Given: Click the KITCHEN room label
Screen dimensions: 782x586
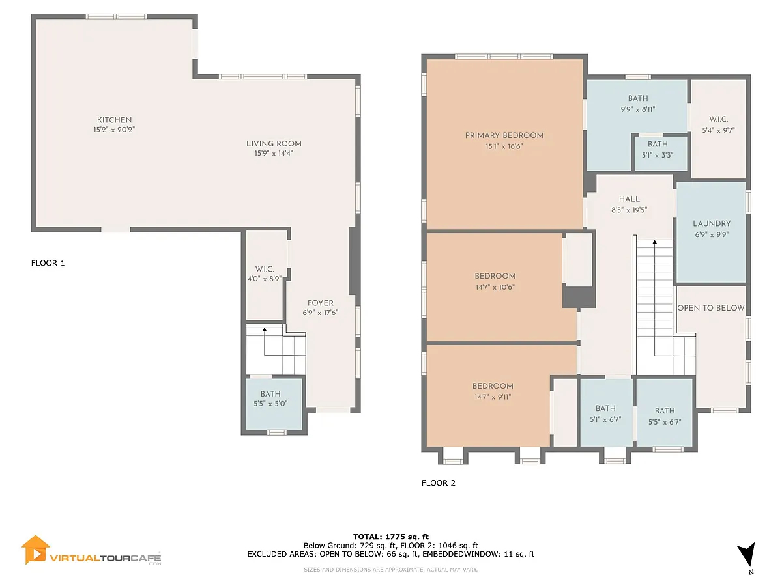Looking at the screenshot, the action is pyautogui.click(x=114, y=120).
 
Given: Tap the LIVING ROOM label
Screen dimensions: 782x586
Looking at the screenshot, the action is pyautogui.click(x=274, y=144).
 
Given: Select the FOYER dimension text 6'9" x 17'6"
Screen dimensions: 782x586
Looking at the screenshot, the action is pyautogui.click(x=320, y=313).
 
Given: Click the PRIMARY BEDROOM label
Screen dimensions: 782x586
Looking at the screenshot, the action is pyautogui.click(x=504, y=135).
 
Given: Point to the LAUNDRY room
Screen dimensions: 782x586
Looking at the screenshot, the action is pyautogui.click(x=711, y=232).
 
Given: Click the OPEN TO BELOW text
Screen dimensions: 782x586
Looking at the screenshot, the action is pyautogui.click(x=711, y=308).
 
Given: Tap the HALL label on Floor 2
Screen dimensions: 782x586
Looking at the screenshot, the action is pyautogui.click(x=629, y=199).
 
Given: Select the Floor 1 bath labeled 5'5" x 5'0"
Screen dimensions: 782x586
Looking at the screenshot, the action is pyautogui.click(x=274, y=404).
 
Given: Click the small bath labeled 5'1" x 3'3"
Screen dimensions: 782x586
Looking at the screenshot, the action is pyautogui.click(x=660, y=154).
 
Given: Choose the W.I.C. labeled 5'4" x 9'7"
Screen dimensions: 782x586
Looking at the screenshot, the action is pyautogui.click(x=718, y=129).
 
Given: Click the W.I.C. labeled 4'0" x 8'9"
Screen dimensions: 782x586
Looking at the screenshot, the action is pyautogui.click(x=265, y=275).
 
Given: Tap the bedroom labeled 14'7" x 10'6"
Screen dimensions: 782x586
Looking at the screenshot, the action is pyautogui.click(x=495, y=286).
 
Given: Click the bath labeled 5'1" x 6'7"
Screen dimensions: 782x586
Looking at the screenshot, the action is pyautogui.click(x=606, y=413).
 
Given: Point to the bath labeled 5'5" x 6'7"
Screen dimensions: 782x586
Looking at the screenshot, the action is pyautogui.click(x=665, y=413).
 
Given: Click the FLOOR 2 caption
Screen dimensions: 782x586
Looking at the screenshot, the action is pyautogui.click(x=438, y=483).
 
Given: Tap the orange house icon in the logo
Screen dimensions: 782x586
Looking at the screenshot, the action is pyautogui.click(x=35, y=550).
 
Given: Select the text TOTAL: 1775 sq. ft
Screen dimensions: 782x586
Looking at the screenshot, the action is pyautogui.click(x=391, y=537).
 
